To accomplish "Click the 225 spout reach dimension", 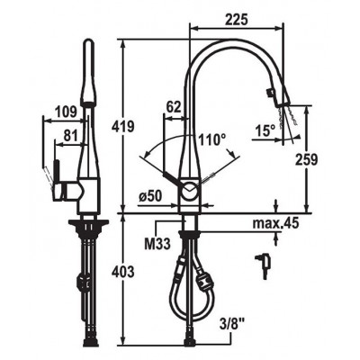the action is pyautogui.click(x=237, y=20).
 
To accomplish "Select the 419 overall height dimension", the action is pyautogui.click(x=122, y=126).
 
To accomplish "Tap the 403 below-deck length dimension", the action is pyautogui.click(x=122, y=272).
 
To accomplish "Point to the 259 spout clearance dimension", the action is pyautogui.click(x=306, y=159).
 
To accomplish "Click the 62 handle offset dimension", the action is pyautogui.click(x=174, y=107).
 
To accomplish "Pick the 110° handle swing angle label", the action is pyautogui.click(x=212, y=139).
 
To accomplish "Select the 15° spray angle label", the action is pyautogui.click(x=265, y=131).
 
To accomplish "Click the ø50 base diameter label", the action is pyautogui.click(x=150, y=196).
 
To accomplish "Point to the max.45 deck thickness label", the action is pyautogui.click(x=275, y=223).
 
